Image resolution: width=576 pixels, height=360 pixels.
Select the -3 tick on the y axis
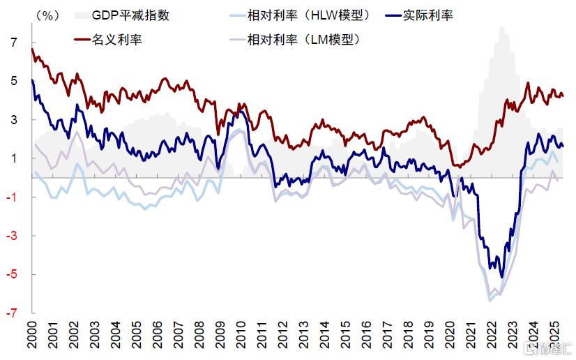11,236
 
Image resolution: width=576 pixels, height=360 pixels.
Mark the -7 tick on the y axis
11,313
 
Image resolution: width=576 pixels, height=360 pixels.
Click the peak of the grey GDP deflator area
501,28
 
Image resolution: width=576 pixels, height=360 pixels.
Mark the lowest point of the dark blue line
501,277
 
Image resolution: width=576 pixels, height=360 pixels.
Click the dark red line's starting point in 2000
33,49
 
